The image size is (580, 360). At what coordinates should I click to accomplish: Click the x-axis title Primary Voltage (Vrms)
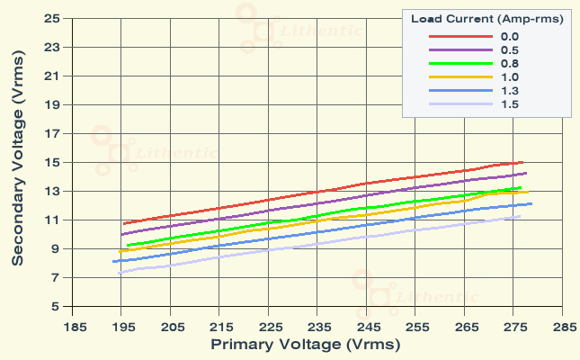[306, 344]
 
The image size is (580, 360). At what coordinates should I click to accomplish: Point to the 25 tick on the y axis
[52, 18]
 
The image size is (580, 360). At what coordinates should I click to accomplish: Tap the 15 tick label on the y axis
[52, 162]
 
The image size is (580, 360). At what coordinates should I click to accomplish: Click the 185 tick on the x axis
[75, 327]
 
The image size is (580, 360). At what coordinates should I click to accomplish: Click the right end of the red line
[523, 162]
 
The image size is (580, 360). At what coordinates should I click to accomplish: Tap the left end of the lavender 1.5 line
[119, 273]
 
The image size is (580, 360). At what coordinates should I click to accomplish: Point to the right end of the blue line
[532, 203]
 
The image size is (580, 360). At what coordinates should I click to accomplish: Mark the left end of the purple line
[121, 234]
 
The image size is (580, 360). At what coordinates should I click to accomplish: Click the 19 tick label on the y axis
[52, 104]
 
